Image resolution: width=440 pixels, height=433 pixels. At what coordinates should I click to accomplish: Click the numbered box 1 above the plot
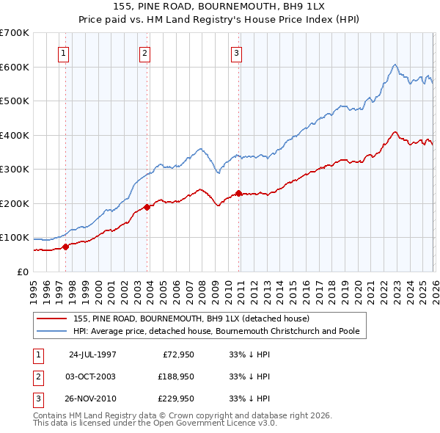tap(64, 53)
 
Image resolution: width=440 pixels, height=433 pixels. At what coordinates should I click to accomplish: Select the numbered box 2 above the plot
tap(145, 53)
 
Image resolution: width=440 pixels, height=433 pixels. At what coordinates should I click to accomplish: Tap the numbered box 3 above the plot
tap(237, 53)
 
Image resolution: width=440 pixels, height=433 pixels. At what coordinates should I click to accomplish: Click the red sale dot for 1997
tap(66, 247)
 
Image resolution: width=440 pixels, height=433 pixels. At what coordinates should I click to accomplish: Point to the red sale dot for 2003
tap(147, 207)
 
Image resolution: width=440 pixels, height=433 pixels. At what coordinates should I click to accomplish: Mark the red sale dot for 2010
tap(239, 193)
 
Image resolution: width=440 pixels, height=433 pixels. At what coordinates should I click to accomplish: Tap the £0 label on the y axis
tap(22, 272)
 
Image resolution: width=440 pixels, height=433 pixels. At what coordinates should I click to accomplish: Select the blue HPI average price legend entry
tap(216, 332)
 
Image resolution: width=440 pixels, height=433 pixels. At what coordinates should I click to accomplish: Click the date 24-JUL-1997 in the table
tap(92, 354)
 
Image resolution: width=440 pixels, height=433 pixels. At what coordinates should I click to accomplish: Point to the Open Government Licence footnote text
tap(155, 424)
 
